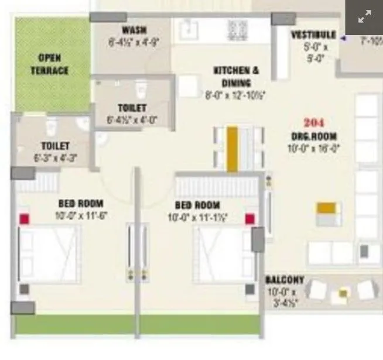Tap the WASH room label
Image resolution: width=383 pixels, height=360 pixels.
[x=134, y=30]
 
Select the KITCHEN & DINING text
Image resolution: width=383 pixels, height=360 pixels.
[x=236, y=76]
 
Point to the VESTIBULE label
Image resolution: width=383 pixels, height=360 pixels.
[x=313, y=35]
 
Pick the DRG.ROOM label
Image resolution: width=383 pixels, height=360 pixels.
[x=314, y=136]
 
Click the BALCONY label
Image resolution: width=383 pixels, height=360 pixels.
[x=285, y=280]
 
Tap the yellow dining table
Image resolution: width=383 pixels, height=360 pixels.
[x=232, y=149]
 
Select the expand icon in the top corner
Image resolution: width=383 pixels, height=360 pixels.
[x=364, y=17]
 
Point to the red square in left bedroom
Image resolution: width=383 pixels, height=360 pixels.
[x=24, y=219]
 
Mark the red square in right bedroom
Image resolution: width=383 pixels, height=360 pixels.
[x=250, y=219]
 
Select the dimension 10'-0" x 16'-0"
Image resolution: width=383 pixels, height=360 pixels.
[x=314, y=148]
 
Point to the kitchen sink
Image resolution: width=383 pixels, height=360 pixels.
[x=190, y=28]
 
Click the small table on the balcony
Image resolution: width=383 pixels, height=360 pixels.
[x=343, y=293]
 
